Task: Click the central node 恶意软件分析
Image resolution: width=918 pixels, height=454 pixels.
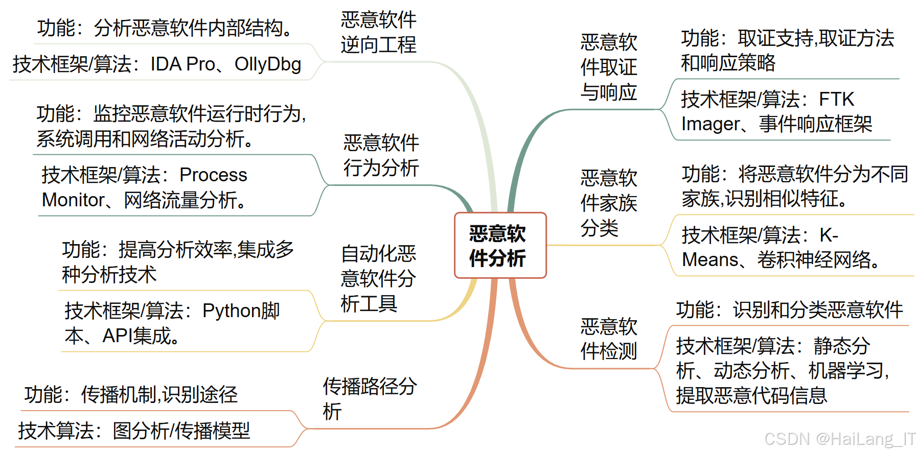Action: click(x=499, y=246)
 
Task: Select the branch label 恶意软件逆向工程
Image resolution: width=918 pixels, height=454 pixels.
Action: click(x=378, y=33)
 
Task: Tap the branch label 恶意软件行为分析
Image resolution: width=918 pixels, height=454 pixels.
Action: click(x=381, y=155)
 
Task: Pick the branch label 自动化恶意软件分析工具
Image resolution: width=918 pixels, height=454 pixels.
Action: click(x=378, y=278)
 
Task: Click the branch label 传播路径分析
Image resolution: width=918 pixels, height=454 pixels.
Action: click(x=369, y=398)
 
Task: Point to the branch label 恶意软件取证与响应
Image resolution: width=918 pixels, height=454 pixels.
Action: click(x=608, y=67)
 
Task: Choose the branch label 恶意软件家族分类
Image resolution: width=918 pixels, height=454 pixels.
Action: click(x=608, y=203)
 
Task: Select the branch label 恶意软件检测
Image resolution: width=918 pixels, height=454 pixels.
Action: click(x=608, y=339)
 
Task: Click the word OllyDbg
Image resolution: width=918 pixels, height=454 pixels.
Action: click(x=268, y=64)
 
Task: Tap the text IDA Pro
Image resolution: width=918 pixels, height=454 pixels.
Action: click(x=182, y=64)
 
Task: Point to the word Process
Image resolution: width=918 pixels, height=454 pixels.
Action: click(x=213, y=175)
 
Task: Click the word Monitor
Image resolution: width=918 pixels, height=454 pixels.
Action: click(x=73, y=200)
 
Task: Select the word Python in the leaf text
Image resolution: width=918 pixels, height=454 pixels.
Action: click(x=231, y=311)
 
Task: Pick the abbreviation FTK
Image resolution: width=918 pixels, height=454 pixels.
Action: click(x=836, y=99)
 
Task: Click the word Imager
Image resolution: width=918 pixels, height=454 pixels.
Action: click(x=710, y=124)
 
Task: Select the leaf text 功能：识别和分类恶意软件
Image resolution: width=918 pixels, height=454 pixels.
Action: click(x=789, y=310)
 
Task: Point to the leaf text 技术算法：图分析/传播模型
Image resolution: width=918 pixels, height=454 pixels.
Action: click(x=134, y=431)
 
